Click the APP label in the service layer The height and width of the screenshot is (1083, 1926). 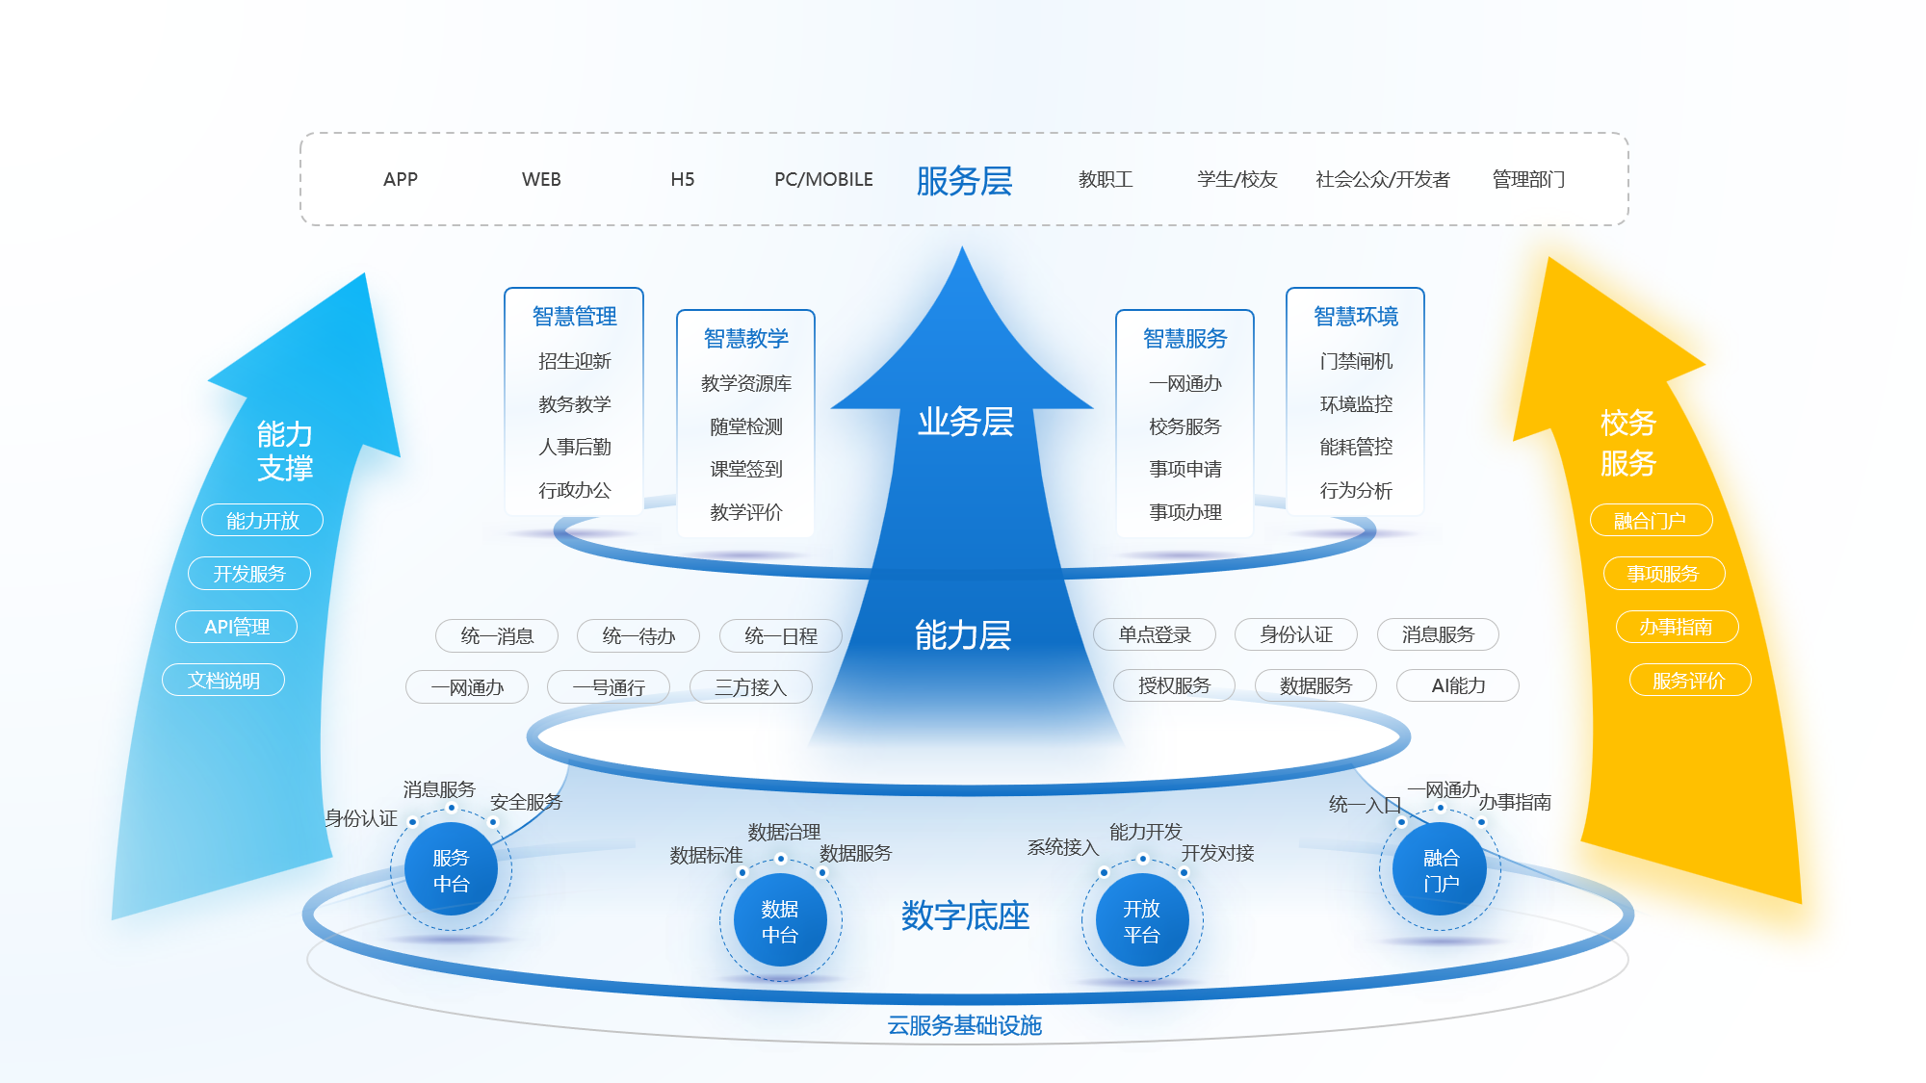point(401,179)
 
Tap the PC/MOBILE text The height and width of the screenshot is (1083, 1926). point(823,179)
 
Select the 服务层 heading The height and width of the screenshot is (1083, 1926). point(964,181)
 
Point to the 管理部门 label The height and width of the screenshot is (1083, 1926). point(1528,179)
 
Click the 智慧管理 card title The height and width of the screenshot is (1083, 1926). point(574,317)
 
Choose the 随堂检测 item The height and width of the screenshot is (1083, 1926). point(746,426)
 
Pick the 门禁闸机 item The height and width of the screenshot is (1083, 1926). point(1356,361)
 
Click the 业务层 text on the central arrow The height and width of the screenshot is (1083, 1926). point(965,422)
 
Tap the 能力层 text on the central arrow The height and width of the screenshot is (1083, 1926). point(963,635)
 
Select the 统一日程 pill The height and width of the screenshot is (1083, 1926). point(781,635)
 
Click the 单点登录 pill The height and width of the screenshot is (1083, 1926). point(1154,634)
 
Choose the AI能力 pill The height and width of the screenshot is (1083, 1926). point(1458,685)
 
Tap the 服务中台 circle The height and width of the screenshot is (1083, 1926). point(451,870)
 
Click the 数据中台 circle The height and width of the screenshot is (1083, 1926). point(780,921)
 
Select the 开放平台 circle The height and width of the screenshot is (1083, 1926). point(1142,921)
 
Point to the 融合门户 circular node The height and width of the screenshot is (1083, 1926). point(1441,870)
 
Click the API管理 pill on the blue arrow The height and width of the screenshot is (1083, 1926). point(237,627)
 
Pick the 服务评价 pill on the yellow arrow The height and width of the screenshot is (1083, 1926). point(1689,681)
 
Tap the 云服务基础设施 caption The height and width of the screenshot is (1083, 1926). point(964,1025)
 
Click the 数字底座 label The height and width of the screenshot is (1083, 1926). point(965,915)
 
